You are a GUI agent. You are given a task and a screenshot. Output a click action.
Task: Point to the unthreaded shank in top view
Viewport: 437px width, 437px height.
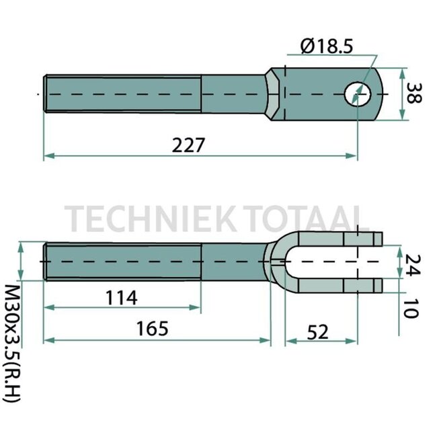232,94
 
